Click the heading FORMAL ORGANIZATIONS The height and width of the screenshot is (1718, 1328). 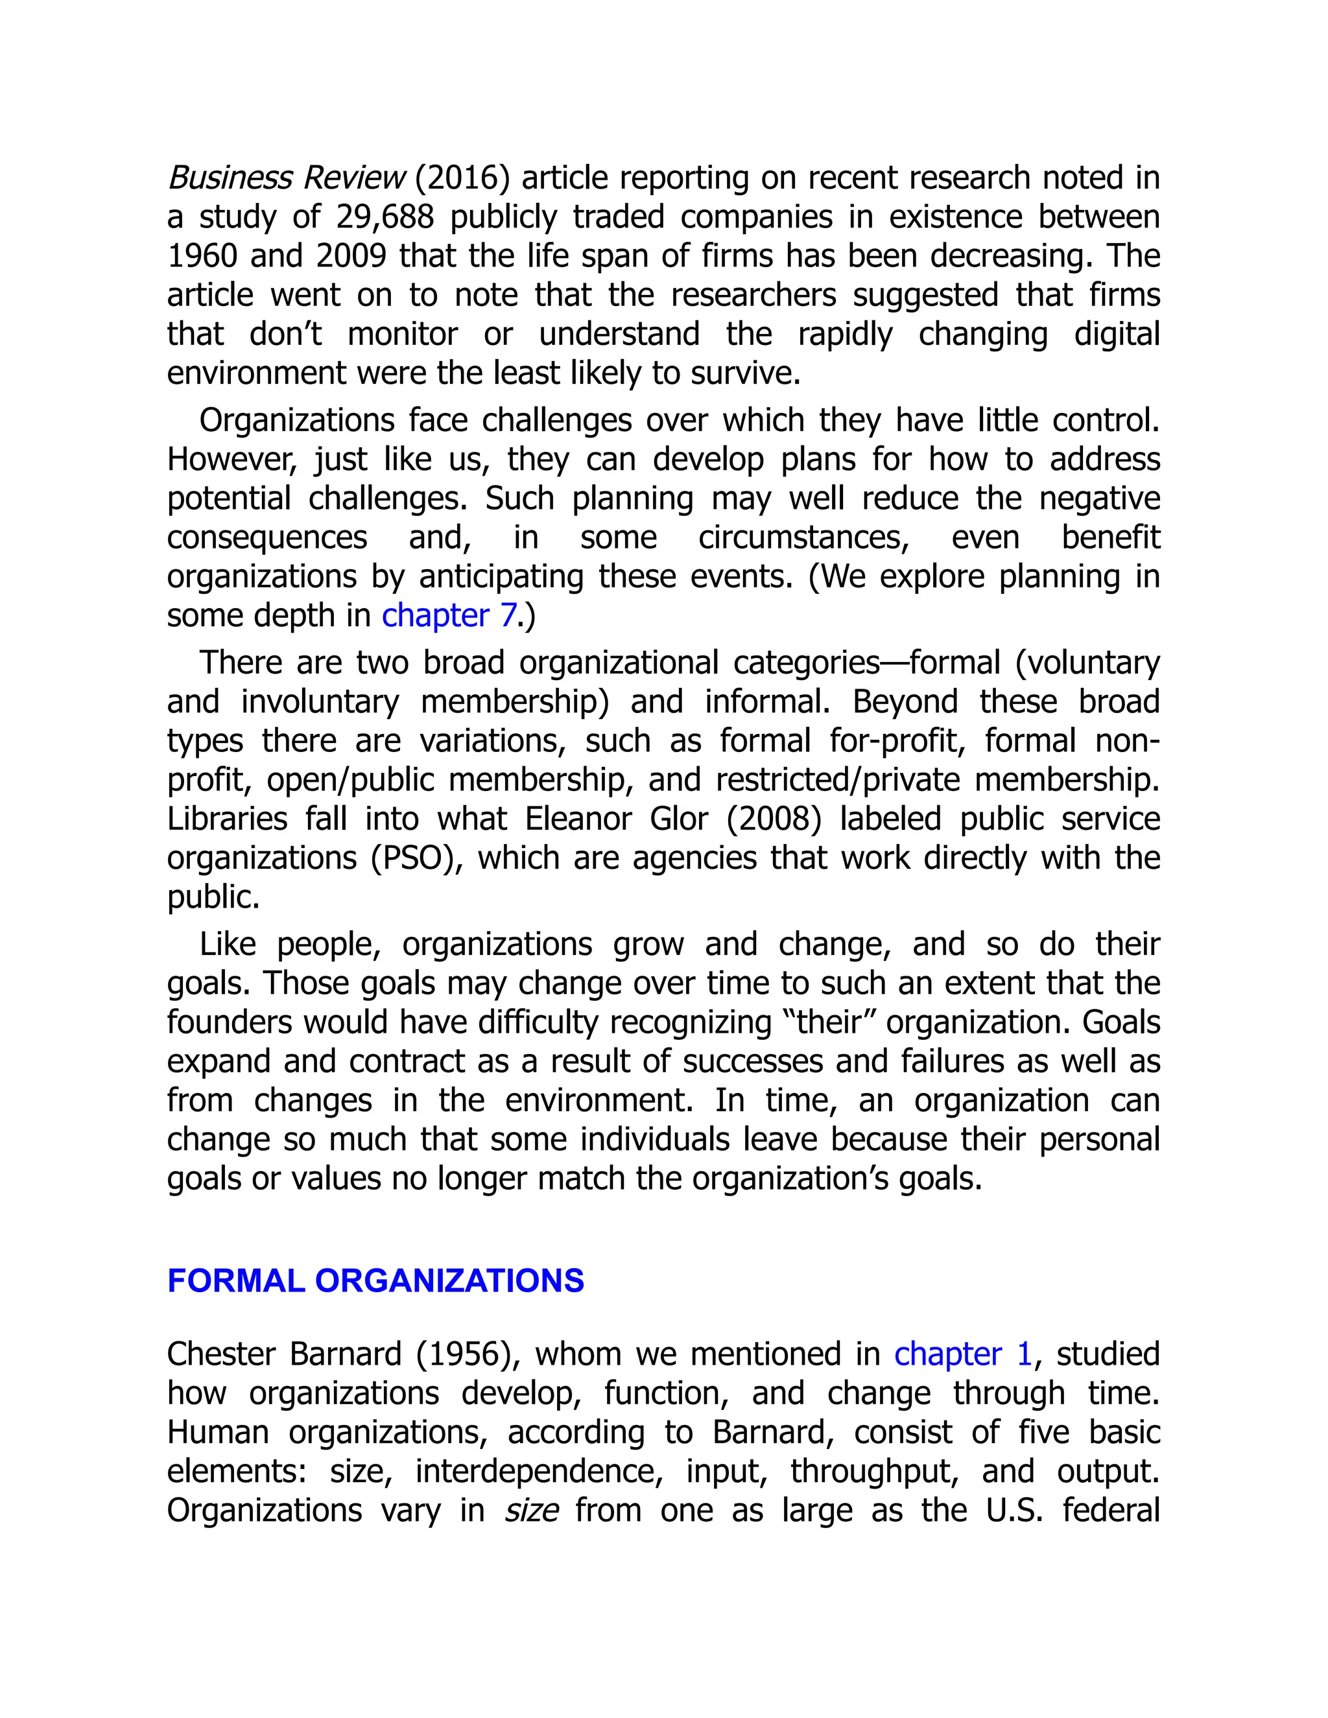coord(375,1280)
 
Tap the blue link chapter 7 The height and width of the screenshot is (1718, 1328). coord(449,615)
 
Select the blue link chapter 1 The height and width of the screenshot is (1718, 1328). coord(962,1354)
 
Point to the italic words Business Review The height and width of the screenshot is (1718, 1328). coord(285,178)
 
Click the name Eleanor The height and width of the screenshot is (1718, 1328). coord(579,819)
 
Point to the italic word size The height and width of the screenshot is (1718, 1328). coord(531,1511)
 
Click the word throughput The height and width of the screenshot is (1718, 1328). coord(874,1472)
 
